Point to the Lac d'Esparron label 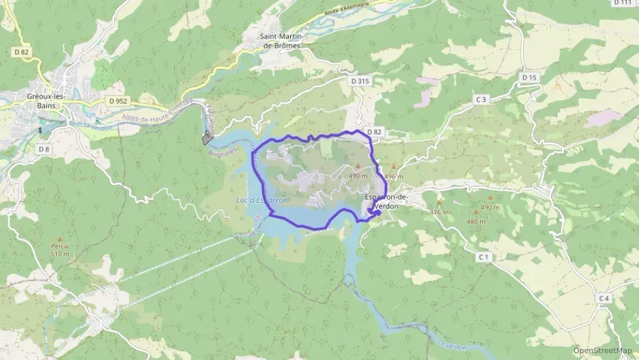[261, 200]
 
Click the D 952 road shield [117, 100]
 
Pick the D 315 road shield [360, 81]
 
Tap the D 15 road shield [530, 78]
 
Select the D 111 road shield [622, 3]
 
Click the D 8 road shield [44, 149]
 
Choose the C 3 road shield [481, 100]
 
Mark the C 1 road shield [484, 256]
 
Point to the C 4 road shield [603, 298]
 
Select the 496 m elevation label [394, 176]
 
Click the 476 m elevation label [440, 212]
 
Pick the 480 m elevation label [476, 221]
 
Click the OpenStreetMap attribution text [602, 350]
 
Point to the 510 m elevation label [60, 254]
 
